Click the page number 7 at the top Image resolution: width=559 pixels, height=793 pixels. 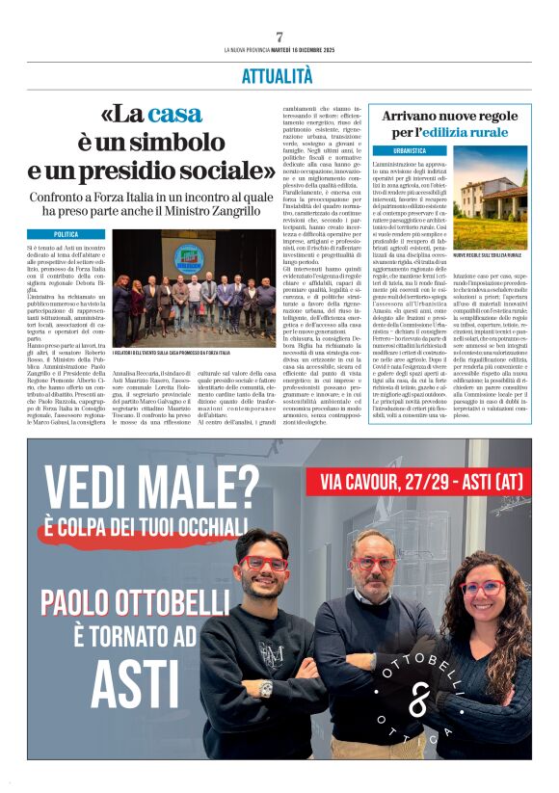tap(279, 37)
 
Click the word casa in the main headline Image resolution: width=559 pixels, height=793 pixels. tap(174, 114)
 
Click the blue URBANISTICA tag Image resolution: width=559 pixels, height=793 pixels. tap(410, 151)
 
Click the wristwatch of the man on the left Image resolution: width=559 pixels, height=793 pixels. tap(264, 689)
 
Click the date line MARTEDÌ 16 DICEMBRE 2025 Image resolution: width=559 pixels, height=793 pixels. tap(306, 50)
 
